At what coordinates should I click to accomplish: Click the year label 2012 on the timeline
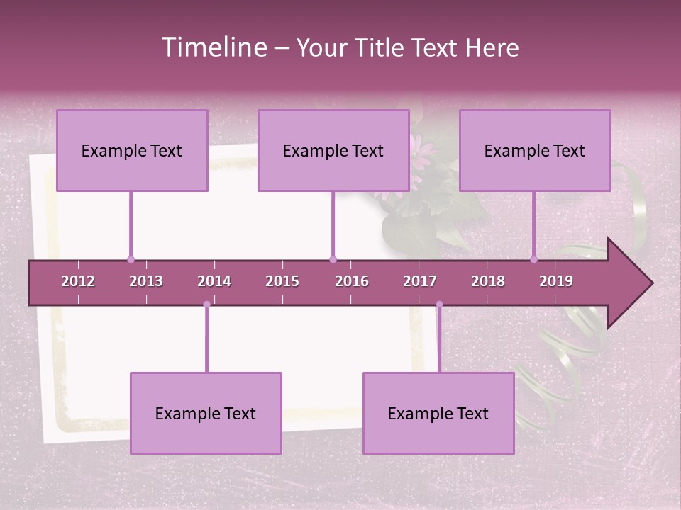[x=78, y=281]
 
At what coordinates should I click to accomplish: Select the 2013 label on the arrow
[x=146, y=281]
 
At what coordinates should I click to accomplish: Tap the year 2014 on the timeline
[x=214, y=281]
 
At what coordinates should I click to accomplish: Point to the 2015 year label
[x=282, y=281]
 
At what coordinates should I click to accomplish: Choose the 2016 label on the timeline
[x=352, y=281]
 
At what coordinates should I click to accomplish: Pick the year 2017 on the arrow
[x=420, y=281]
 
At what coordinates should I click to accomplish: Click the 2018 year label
[x=488, y=281]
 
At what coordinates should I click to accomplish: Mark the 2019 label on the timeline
[x=556, y=281]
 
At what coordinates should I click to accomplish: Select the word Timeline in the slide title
[x=212, y=47]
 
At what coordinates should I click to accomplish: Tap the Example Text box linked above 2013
[x=132, y=150]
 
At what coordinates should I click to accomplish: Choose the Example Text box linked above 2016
[x=333, y=150]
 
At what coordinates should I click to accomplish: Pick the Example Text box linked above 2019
[x=535, y=150]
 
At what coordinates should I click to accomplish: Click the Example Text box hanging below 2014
[x=206, y=413]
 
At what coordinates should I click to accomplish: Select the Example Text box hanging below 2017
[x=438, y=413]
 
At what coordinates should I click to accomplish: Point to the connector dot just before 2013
[x=131, y=259]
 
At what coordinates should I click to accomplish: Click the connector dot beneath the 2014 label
[x=206, y=305]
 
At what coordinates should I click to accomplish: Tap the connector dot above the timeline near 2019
[x=533, y=259]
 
